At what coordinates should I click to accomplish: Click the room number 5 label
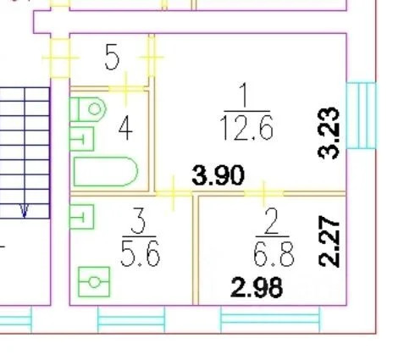(112, 58)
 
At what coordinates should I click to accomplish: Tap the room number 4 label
(125, 129)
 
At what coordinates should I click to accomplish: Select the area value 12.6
(246, 129)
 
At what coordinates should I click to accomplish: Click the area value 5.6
(141, 253)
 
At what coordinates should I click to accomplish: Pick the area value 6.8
(274, 253)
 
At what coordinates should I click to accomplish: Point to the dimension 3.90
(218, 175)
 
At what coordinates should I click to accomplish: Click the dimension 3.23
(329, 133)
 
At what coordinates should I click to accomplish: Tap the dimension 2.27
(329, 241)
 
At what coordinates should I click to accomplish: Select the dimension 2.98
(257, 288)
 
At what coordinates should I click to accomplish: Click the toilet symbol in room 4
(88, 109)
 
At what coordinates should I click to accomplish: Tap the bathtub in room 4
(106, 172)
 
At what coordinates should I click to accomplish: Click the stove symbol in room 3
(94, 282)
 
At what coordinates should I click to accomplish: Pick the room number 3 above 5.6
(138, 221)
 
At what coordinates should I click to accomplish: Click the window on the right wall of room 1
(361, 115)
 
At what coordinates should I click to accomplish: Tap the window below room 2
(270, 319)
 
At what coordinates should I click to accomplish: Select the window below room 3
(131, 320)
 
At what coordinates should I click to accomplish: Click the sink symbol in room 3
(81, 217)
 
